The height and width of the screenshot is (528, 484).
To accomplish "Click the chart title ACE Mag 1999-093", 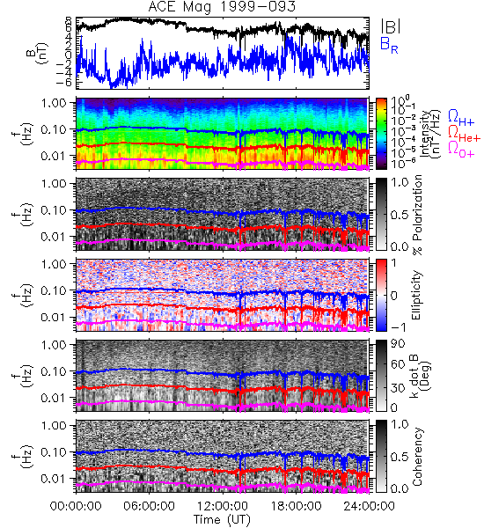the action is pos(222,7).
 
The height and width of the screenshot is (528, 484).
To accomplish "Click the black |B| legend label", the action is pos(391,26).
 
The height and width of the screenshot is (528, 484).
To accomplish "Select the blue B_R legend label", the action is pos(389,45).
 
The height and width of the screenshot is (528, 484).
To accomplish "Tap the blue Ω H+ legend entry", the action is pos(461,118).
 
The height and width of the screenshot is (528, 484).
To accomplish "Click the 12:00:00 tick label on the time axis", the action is pos(223,506).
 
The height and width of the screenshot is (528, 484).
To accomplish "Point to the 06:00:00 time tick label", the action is pos(150,506).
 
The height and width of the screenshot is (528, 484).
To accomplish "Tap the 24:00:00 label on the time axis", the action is pos(369,506).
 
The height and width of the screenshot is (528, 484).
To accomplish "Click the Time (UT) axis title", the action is pos(222,519).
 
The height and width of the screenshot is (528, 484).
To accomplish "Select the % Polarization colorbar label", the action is pos(416,215).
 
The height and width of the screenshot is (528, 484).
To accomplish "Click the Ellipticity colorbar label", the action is pos(416,295).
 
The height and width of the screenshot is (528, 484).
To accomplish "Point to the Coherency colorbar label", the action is pos(416,457).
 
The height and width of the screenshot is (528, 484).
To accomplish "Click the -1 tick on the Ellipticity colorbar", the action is pos(399,327).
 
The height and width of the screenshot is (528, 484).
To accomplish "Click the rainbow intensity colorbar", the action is pos(381,134).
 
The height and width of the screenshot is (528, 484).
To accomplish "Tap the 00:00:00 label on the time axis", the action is pos(76,506).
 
